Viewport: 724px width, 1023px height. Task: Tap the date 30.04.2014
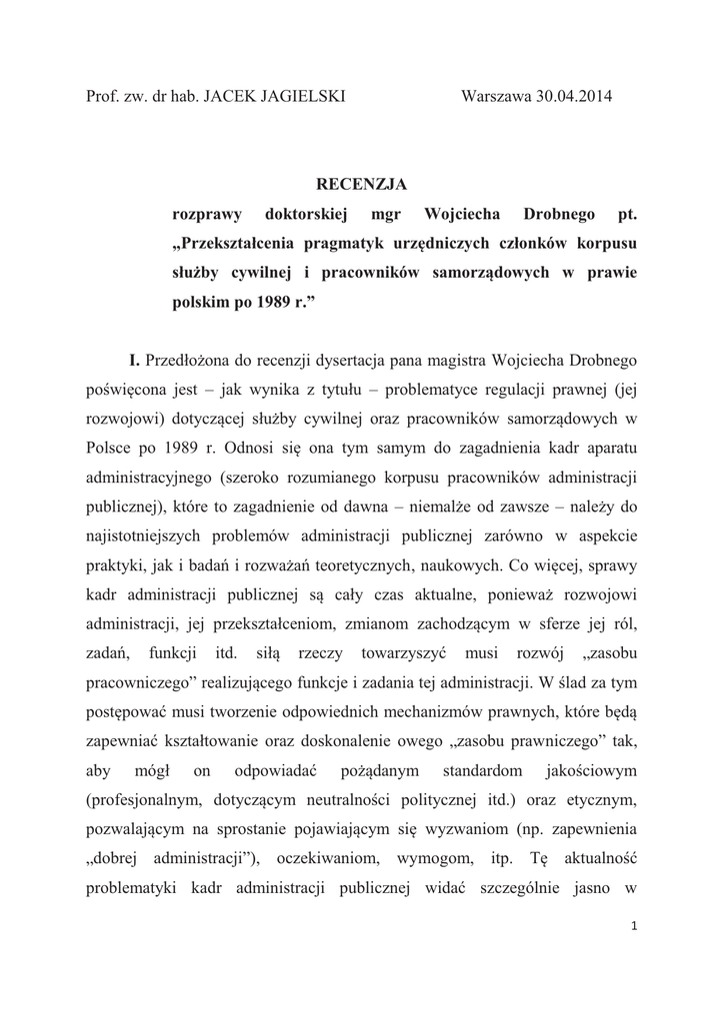coord(574,96)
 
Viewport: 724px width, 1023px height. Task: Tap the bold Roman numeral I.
coord(133,359)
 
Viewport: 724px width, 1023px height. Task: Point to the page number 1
coord(634,928)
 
